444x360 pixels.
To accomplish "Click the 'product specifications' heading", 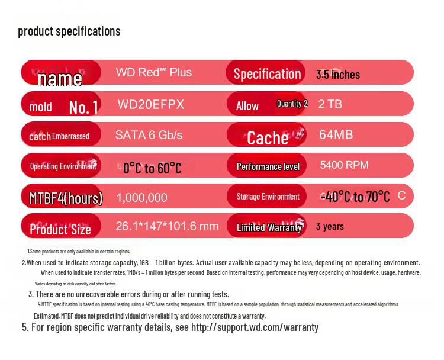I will tap(69, 31).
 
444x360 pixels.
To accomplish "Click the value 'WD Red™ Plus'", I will tap(154, 72).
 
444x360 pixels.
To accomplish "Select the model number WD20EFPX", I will tap(151, 105).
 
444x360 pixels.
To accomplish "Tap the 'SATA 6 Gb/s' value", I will tap(149, 135).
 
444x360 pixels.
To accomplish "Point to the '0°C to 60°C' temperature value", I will tap(152, 168).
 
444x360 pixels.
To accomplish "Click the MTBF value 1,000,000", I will tap(142, 198).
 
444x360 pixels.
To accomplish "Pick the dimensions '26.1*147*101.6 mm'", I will tap(167, 226).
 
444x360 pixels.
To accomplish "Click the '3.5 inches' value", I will tap(338, 75).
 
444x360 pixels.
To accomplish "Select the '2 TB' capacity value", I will tap(330, 104).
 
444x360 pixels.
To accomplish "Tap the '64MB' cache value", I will tap(336, 135).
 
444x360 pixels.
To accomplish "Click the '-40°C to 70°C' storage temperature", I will tap(356, 197).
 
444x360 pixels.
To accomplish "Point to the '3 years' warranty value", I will tap(330, 226).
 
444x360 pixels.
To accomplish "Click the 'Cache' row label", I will tap(268, 138).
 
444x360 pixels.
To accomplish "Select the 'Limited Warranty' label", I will tap(269, 227).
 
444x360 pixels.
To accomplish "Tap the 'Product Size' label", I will tap(60, 229).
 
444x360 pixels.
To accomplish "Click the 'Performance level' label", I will tap(268, 166).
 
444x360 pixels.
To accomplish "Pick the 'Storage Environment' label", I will tap(268, 197).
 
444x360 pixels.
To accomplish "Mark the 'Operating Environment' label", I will tap(63, 166).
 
